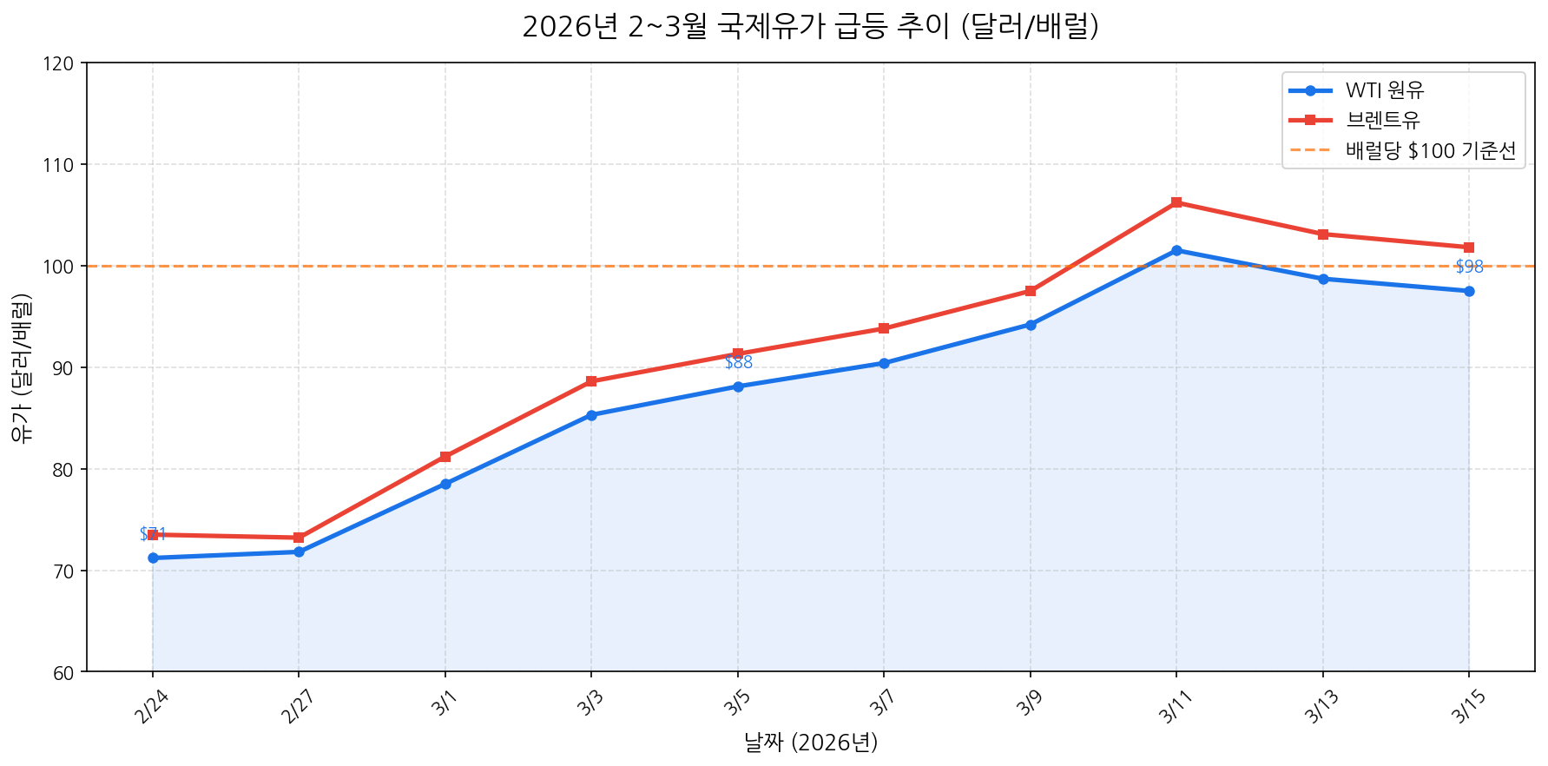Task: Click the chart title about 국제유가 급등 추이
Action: tap(810, 27)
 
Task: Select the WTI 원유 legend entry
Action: tap(1384, 90)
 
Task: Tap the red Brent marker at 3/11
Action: tap(1176, 202)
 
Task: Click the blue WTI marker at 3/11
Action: tap(1176, 250)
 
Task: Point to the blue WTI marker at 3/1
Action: tap(445, 484)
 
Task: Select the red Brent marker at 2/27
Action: tap(299, 538)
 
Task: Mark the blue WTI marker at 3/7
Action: tap(884, 363)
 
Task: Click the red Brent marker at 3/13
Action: tap(1322, 234)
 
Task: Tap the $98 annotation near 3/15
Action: tap(1469, 267)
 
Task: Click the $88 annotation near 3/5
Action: tap(738, 363)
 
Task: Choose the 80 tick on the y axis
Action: tap(69, 470)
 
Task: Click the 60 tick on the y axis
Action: tap(69, 672)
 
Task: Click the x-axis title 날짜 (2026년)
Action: tap(810, 743)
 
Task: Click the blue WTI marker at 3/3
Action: tap(591, 415)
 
